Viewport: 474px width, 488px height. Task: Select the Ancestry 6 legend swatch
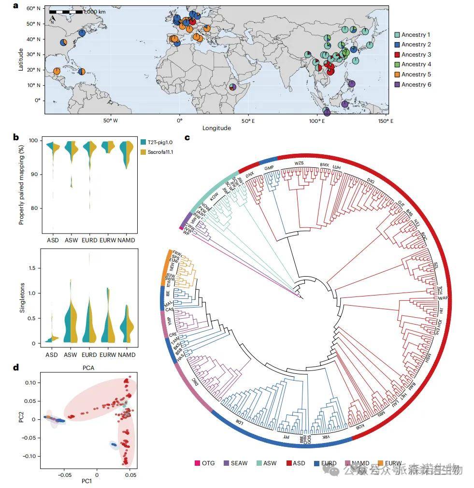[x=397, y=85]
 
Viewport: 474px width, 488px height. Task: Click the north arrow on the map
[x=53, y=19]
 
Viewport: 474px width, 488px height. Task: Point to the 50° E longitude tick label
[x=248, y=120]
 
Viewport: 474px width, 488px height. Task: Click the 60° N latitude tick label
[x=32, y=9]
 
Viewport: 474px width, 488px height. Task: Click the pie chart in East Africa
[x=233, y=87]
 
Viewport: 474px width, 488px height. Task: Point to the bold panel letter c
[x=187, y=138]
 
